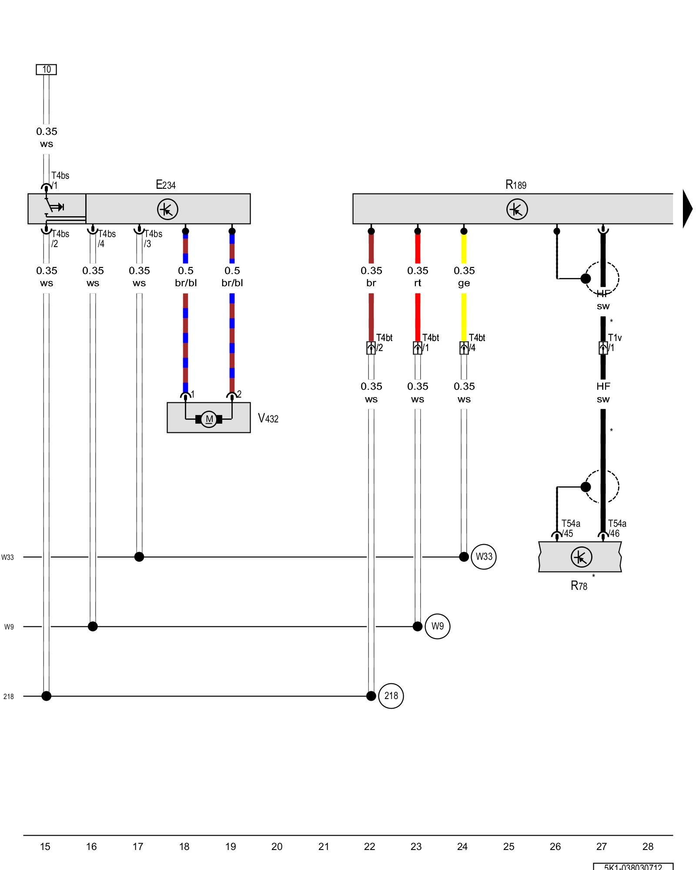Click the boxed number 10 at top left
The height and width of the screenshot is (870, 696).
pyautogui.click(x=46, y=70)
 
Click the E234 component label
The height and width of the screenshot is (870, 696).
pyautogui.click(x=166, y=185)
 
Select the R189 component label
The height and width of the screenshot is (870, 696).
pyautogui.click(x=516, y=185)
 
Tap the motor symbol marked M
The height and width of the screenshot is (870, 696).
pyautogui.click(x=209, y=419)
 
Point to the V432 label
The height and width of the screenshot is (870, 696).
pyautogui.click(x=268, y=418)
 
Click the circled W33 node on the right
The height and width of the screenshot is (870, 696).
pyautogui.click(x=484, y=556)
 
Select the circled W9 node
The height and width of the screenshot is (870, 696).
pyautogui.click(x=437, y=626)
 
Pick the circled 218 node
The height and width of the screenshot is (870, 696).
pyautogui.click(x=391, y=696)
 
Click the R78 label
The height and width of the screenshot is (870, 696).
pyautogui.click(x=579, y=586)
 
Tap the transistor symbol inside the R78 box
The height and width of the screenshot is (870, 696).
pyautogui.click(x=581, y=557)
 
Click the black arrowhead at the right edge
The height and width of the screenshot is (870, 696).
pyautogui.click(x=687, y=209)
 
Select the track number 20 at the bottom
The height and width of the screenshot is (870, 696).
pyautogui.click(x=277, y=847)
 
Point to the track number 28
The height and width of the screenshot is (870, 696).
pyautogui.click(x=648, y=847)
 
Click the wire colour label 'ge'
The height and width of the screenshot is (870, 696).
pyautogui.click(x=464, y=283)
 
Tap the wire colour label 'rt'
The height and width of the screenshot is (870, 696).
pyautogui.click(x=418, y=283)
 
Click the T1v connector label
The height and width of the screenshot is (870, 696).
pyautogui.click(x=615, y=338)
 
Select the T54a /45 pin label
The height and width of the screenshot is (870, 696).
pyautogui.click(x=570, y=529)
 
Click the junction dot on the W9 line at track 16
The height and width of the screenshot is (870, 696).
pyautogui.click(x=93, y=626)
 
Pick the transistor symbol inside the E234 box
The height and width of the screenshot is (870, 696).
pyautogui.click(x=167, y=209)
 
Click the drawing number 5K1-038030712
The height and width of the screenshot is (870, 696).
pyautogui.click(x=633, y=867)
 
